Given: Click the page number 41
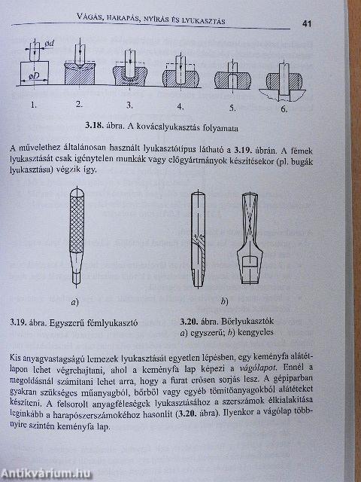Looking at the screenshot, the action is click(x=308, y=23).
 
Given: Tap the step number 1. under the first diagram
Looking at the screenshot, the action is click(x=32, y=105).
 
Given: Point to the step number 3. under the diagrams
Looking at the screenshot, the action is click(x=129, y=105).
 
